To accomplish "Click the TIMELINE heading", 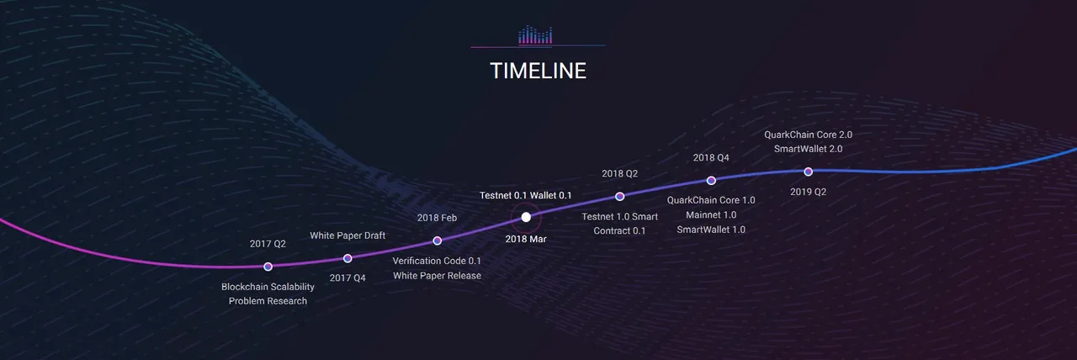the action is point(538,71).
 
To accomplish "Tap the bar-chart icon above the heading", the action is point(535,34).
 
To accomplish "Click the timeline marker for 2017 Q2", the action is point(268,267).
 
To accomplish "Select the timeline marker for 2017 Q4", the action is point(348,258).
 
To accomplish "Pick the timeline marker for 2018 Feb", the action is point(437,241).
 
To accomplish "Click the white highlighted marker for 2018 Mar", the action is point(526,217).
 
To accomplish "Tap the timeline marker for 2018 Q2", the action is point(620,196).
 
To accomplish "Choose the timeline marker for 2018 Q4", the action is point(711,180).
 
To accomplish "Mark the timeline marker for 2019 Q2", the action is point(809,172).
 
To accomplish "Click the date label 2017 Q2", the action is point(268,244).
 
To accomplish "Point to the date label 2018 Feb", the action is point(437,218).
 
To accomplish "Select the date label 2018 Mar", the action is point(526,239).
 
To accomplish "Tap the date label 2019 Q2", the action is point(809,192).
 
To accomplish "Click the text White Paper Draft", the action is point(348,236).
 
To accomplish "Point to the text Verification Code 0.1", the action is point(437,261).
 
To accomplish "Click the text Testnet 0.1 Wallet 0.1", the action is point(526,195).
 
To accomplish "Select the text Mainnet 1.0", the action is point(711,214).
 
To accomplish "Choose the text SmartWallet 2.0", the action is point(809,149).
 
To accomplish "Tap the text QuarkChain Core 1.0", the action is point(711,200).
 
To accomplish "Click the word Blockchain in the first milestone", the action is point(243,287).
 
